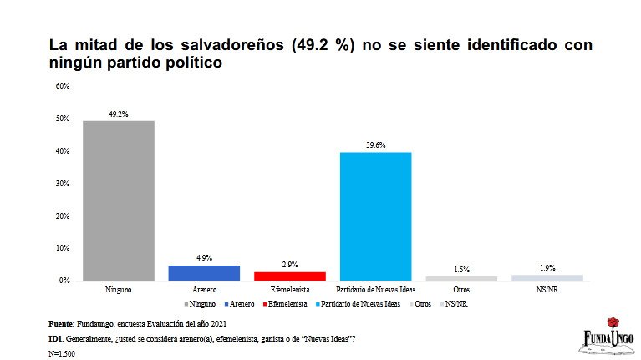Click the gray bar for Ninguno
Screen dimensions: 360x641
tap(118, 200)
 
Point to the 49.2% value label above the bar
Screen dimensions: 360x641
tap(118, 114)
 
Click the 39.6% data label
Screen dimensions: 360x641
tap(375, 145)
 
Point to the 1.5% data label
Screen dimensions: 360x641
tap(461, 269)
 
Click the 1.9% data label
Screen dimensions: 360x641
tap(547, 267)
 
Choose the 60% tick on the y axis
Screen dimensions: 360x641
tap(63, 86)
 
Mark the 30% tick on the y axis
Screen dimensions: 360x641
tap(63, 183)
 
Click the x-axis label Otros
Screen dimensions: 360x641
tap(461, 289)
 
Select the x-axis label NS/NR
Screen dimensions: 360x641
tap(547, 289)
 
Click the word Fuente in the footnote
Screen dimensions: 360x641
tap(62, 323)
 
